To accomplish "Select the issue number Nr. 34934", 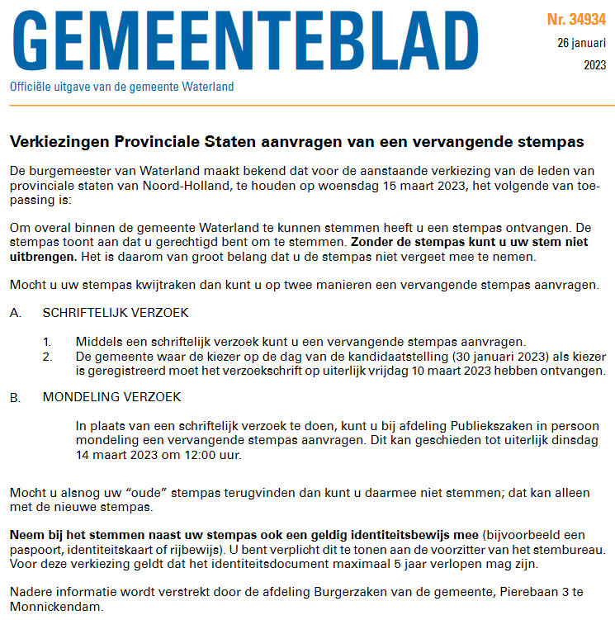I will [576, 19].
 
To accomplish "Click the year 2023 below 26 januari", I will [594, 65].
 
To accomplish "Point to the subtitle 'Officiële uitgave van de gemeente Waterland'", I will [121, 87].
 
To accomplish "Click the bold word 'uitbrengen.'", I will [43, 257].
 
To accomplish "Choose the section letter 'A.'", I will [16, 314].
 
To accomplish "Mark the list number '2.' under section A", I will [48, 356].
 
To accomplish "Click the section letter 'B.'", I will [16, 397].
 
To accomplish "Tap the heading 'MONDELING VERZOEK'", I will [111, 397].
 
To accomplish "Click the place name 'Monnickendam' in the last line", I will [56, 605].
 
